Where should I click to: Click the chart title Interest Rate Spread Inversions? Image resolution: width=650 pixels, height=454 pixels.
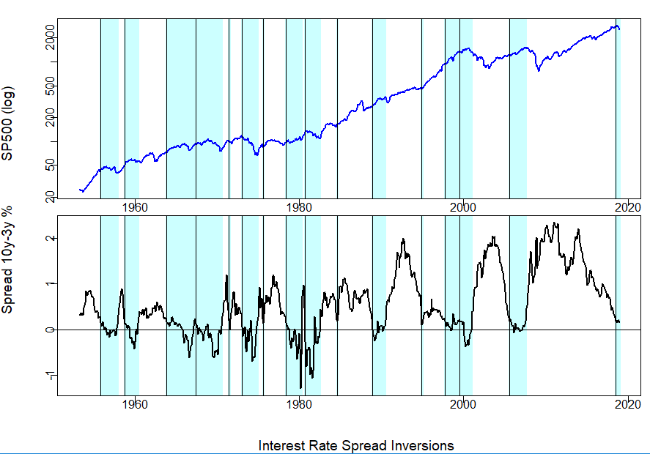[x=356, y=445]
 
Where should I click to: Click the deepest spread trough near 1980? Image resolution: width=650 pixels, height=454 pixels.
[x=300, y=387]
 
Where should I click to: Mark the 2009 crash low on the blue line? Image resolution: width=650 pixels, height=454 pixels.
[x=539, y=71]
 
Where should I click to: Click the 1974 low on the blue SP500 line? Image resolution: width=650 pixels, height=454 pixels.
[x=256, y=155]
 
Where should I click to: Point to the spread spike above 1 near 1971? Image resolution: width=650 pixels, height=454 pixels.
[x=226, y=276]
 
